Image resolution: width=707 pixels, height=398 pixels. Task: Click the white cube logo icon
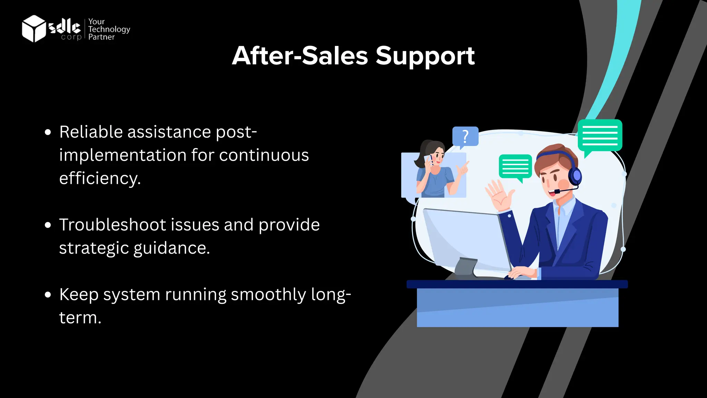33,29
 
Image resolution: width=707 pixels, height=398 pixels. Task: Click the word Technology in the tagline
109,29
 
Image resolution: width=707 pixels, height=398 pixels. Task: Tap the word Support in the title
425,56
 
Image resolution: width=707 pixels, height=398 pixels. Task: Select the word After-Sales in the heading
300,56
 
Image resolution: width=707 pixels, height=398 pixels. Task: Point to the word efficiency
100,179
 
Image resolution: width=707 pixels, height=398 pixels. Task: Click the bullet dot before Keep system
48,295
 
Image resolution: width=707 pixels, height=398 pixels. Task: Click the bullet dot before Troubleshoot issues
48,225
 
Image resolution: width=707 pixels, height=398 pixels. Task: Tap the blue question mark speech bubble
465,136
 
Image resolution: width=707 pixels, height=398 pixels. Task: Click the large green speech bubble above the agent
600,136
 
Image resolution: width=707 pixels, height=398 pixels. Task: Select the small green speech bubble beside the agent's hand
515,167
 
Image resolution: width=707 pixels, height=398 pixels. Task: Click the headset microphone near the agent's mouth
557,191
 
